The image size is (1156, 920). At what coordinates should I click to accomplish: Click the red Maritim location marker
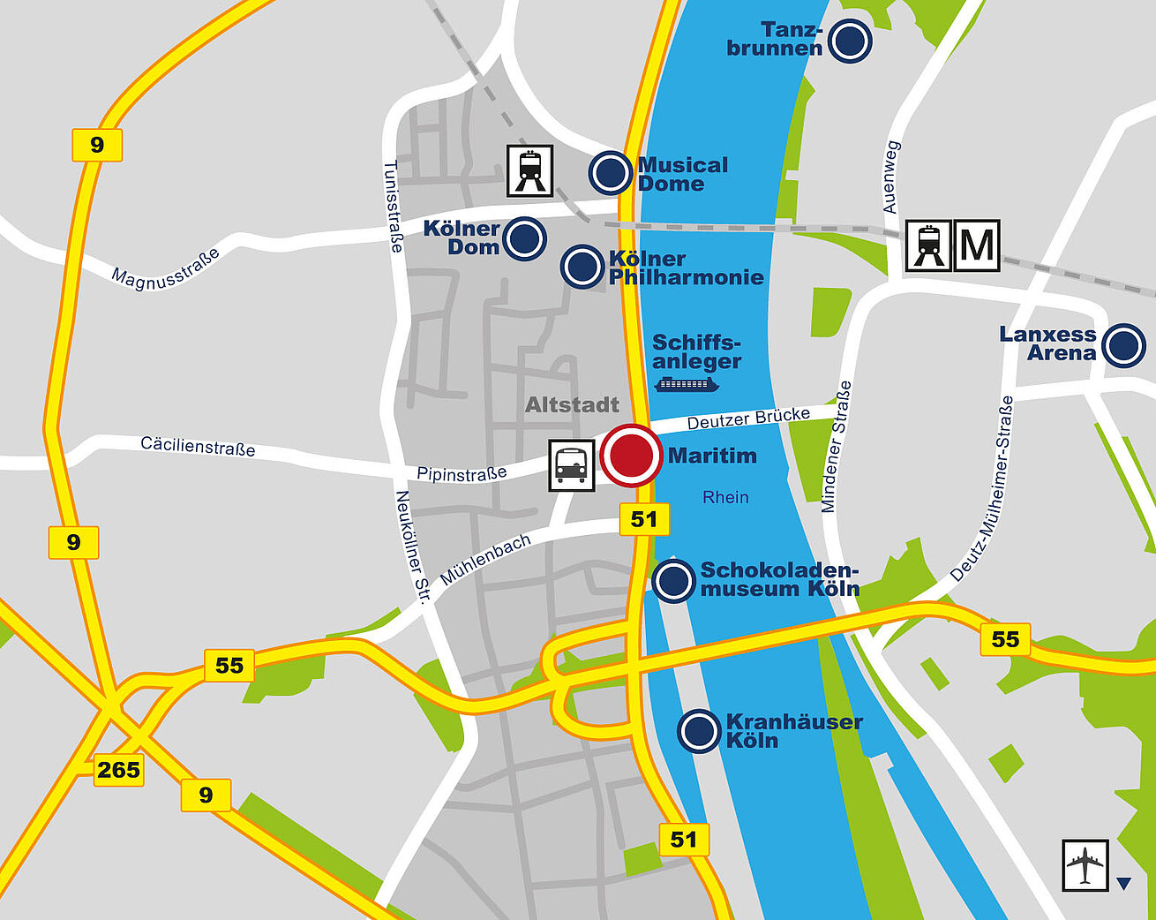click(x=631, y=456)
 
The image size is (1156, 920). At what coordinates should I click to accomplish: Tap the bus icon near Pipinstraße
click(x=571, y=465)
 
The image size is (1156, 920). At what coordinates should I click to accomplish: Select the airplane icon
click(x=1085, y=865)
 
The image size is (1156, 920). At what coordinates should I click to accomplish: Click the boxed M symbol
click(x=977, y=245)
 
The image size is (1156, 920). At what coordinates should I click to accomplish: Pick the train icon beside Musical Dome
click(x=529, y=170)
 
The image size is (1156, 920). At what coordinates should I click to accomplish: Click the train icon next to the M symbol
click(x=929, y=245)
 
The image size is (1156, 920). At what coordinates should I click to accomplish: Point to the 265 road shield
click(x=119, y=770)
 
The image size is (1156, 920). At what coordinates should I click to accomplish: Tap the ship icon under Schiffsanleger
click(x=686, y=384)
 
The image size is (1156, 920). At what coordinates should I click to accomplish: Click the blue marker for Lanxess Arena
click(x=1124, y=345)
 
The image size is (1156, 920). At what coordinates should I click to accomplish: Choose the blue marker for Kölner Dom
click(x=524, y=238)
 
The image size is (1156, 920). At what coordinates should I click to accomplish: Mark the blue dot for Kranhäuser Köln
click(x=699, y=731)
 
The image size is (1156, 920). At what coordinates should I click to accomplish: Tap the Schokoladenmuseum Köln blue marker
click(x=674, y=581)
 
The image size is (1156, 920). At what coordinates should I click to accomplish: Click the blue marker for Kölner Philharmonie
click(x=582, y=267)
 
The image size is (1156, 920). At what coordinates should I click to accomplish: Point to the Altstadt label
click(x=572, y=405)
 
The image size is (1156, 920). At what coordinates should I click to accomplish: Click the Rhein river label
click(x=725, y=498)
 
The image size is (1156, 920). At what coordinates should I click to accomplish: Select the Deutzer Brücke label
click(x=748, y=419)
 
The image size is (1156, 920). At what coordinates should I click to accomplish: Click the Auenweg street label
click(x=890, y=177)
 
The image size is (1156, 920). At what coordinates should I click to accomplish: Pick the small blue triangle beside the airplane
click(x=1123, y=883)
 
